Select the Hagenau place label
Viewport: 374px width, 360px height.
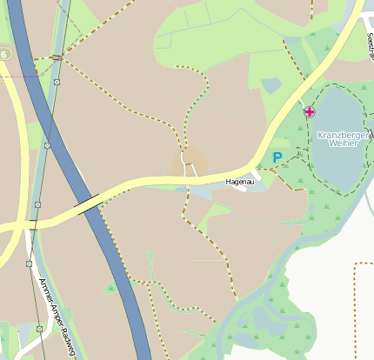point(238,183)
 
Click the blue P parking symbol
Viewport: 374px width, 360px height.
point(277,157)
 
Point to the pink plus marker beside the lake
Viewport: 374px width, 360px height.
point(310,111)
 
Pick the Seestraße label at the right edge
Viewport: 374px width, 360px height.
point(370,52)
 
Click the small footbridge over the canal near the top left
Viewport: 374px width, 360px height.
point(57,57)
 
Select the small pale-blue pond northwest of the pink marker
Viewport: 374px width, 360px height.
point(271,85)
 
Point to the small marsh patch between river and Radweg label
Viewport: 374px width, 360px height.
point(110,288)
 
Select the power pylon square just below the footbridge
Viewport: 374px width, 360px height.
point(57,83)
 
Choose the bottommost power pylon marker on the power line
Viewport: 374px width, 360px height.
point(39,329)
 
